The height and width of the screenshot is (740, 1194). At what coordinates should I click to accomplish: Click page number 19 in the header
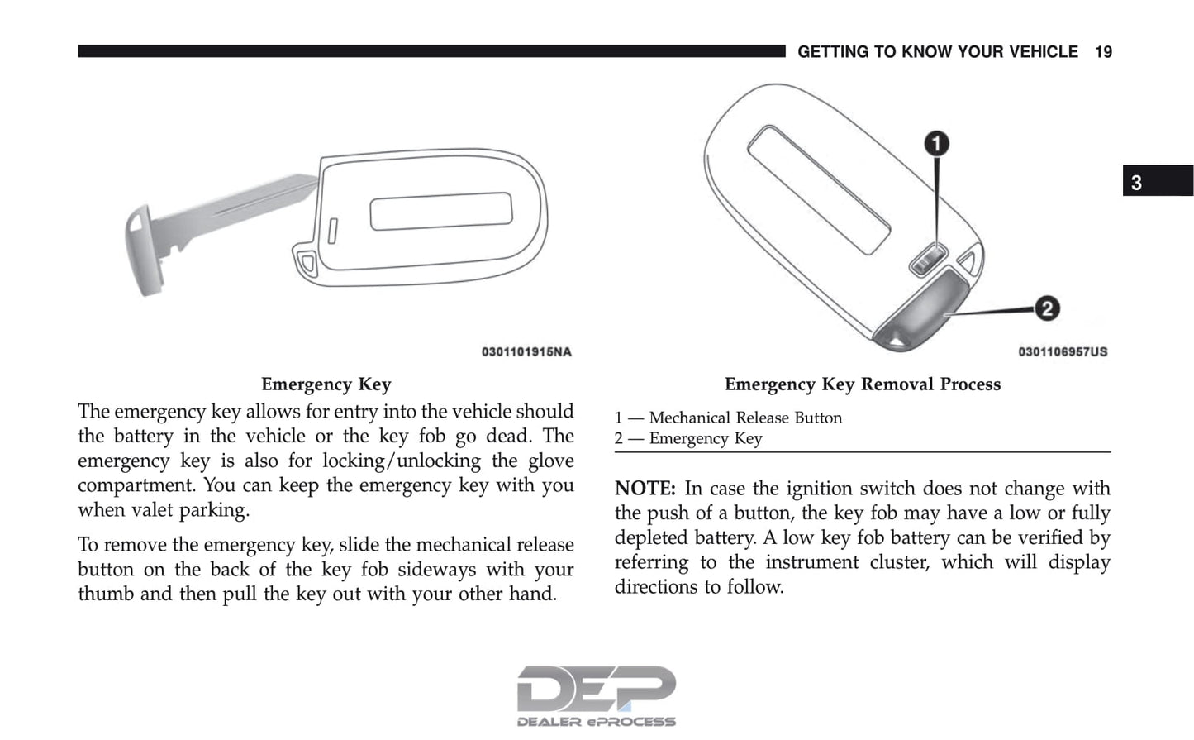point(1103,52)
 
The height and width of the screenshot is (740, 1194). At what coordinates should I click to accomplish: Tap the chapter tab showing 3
point(1157,181)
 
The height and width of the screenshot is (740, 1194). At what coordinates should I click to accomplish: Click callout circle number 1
point(936,144)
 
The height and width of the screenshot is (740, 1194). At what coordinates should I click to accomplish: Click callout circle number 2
point(1047,309)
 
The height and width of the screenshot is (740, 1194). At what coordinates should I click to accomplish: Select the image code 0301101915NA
point(526,352)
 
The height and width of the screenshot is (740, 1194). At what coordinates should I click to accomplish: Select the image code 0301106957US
point(1063,352)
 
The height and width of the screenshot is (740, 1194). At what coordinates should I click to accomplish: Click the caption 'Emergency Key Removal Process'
point(862,384)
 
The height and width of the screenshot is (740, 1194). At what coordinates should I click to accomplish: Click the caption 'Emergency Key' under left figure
point(326,384)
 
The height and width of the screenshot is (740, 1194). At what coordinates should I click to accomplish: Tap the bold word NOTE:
point(645,489)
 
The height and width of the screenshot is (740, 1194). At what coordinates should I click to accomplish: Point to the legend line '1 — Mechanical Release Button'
point(728,418)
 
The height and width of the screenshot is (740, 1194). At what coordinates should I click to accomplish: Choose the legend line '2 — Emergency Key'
point(688,439)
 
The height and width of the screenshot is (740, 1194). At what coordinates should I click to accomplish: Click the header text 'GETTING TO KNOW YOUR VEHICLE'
point(937,52)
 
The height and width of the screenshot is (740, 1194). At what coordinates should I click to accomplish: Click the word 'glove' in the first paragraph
point(550,461)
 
